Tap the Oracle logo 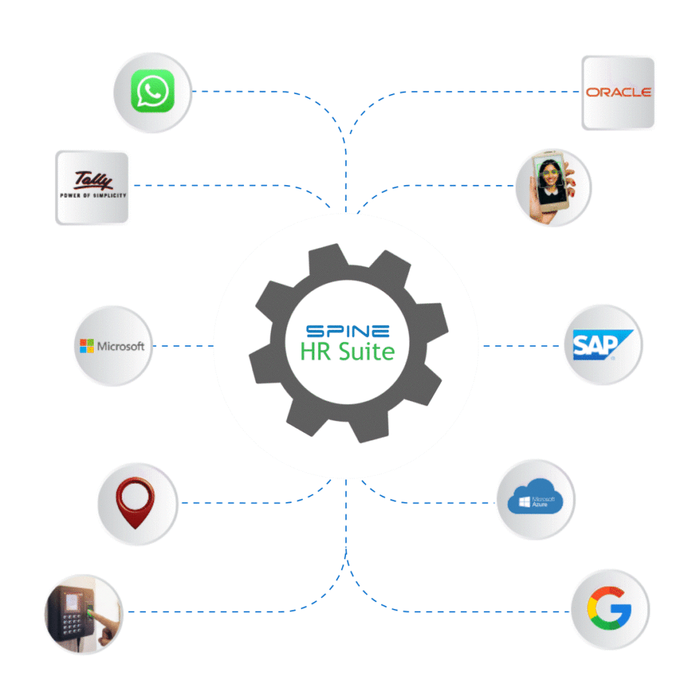point(618,92)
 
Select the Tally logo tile point(92,187)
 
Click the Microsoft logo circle point(113,346)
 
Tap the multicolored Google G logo point(610,609)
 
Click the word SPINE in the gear point(347,331)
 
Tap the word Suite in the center point(365,351)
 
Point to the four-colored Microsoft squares point(86,346)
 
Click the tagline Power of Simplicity point(93,195)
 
